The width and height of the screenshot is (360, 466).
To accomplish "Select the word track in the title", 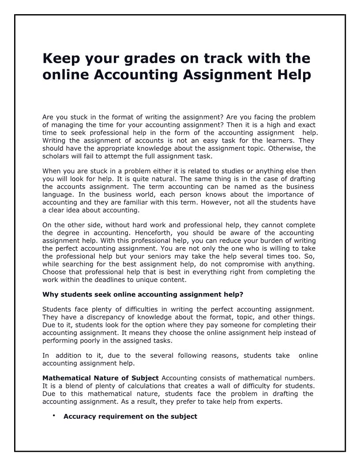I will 224,58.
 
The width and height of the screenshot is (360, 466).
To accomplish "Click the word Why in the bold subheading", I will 49,294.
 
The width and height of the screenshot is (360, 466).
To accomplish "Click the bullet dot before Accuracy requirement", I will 53,416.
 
